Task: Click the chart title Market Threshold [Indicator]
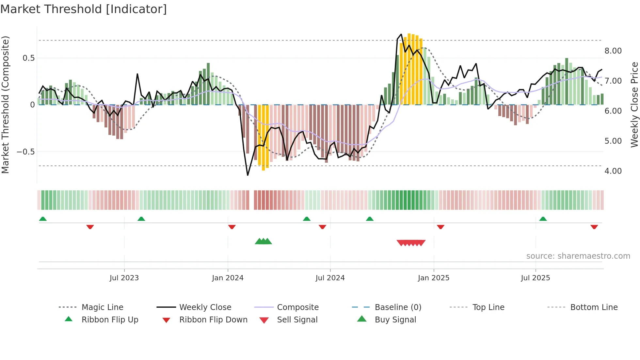[84, 9]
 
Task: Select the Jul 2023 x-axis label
[124, 278]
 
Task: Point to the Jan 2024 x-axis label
[228, 278]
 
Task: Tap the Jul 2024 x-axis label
[330, 278]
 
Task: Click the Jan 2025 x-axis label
[434, 278]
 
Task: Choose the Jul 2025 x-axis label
[536, 278]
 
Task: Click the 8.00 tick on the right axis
[613, 51]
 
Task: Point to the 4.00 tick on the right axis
[613, 171]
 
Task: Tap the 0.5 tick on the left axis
[28, 58]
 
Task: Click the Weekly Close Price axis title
[634, 105]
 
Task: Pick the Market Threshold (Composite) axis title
[5, 105]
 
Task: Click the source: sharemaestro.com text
[578, 256]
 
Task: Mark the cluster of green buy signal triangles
[263, 241]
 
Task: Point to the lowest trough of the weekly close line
[248, 175]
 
